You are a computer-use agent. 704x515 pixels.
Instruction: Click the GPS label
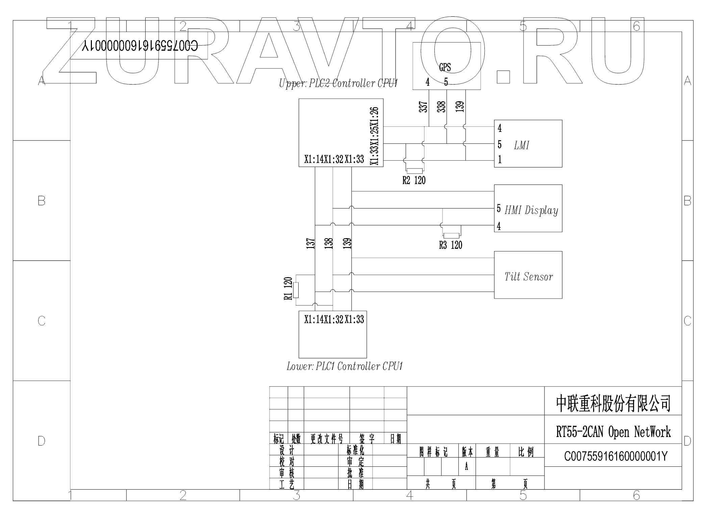click(x=445, y=67)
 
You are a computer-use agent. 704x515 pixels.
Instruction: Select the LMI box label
click(x=522, y=145)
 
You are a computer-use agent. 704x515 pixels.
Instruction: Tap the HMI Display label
click(x=531, y=210)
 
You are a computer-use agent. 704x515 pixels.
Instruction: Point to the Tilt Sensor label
click(x=529, y=277)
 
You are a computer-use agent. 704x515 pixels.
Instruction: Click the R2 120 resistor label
click(x=414, y=181)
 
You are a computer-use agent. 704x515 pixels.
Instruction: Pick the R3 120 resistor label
click(x=451, y=245)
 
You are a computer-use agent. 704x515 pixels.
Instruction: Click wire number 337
click(x=423, y=107)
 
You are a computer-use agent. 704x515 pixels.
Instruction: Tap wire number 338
click(x=441, y=107)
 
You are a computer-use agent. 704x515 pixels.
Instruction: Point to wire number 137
click(x=310, y=243)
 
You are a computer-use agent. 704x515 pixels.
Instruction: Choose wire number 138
click(x=328, y=243)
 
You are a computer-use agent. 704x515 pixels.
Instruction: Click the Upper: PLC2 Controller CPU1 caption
click(x=338, y=83)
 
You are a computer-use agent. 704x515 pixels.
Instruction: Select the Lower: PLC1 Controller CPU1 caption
click(x=345, y=366)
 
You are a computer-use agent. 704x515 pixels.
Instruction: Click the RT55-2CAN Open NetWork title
click(x=613, y=432)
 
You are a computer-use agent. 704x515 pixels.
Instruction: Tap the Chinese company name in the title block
click(x=613, y=404)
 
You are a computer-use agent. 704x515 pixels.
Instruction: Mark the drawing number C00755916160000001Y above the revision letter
click(x=616, y=457)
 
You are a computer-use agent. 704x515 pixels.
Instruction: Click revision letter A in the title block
click(x=467, y=467)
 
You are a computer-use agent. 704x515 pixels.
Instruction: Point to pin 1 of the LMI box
click(x=500, y=160)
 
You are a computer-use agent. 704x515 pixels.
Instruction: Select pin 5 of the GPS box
click(x=446, y=82)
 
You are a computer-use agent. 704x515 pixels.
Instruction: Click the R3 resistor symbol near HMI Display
click(x=451, y=236)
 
